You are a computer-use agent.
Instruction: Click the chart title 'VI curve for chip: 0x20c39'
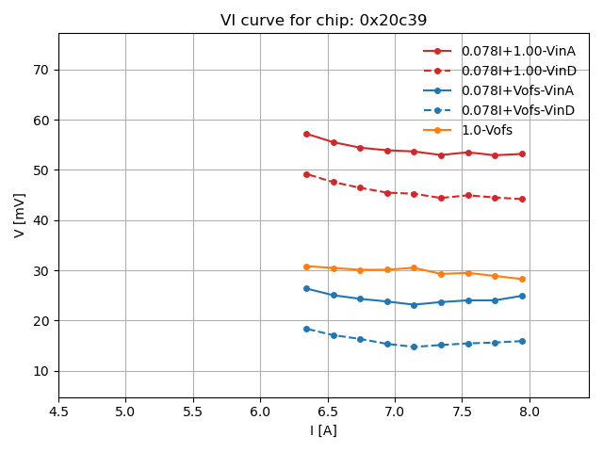(323, 21)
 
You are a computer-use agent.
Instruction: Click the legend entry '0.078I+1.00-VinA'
(517, 51)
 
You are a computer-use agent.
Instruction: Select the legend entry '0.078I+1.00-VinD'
(517, 71)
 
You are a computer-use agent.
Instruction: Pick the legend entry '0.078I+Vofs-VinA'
(517, 90)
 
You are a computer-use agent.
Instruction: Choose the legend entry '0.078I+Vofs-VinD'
(517, 110)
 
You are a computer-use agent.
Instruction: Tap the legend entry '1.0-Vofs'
(487, 130)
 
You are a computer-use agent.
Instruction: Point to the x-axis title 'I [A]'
(323, 430)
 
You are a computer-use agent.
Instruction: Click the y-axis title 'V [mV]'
(20, 215)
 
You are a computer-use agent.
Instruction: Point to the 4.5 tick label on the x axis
(58, 412)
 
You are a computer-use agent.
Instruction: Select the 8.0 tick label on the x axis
(530, 412)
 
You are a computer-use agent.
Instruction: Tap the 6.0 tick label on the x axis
(260, 412)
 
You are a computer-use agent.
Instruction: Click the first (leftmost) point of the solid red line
(306, 134)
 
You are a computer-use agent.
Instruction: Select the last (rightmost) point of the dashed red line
(522, 199)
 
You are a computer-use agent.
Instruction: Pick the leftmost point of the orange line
(306, 266)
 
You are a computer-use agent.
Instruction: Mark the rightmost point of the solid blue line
(522, 296)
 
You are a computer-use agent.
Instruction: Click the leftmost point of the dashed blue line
(306, 329)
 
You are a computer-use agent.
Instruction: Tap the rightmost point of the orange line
(522, 279)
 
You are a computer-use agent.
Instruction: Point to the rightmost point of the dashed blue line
(522, 341)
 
